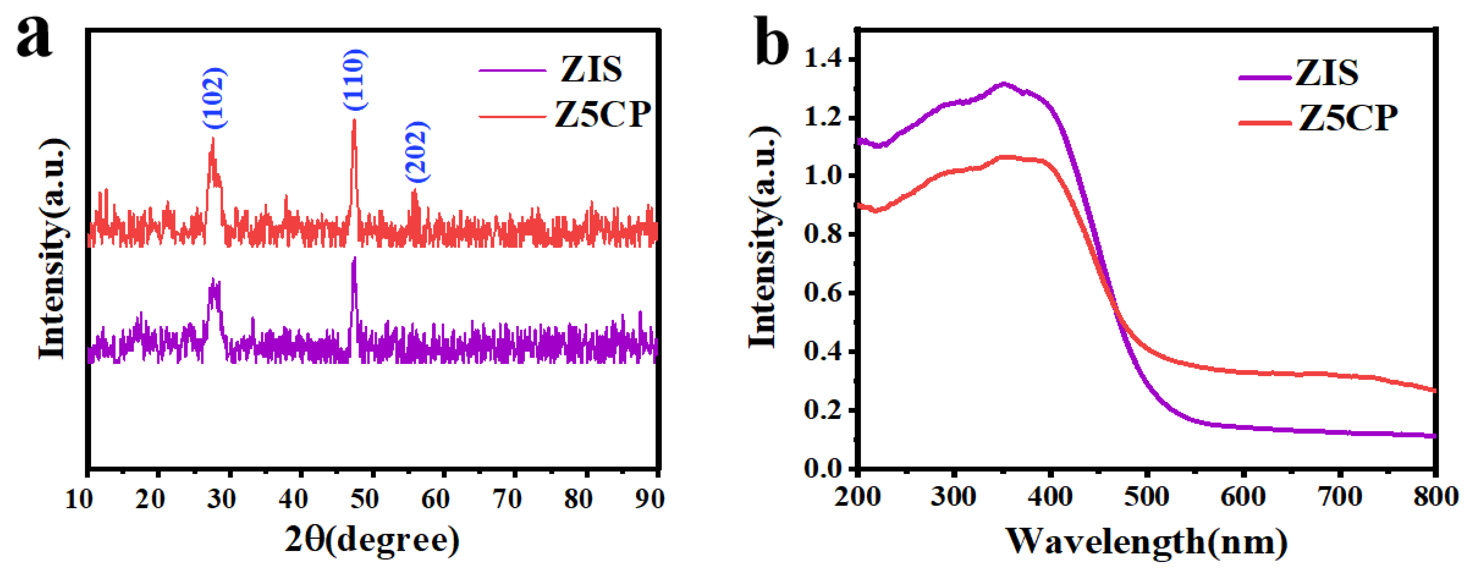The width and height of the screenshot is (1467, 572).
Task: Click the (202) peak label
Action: [417, 151]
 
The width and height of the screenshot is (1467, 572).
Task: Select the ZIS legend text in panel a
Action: [591, 70]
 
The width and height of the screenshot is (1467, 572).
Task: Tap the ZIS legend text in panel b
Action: [1327, 73]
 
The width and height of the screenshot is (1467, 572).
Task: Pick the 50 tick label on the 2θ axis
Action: [364, 499]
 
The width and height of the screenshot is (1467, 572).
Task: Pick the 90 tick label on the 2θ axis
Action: [649, 499]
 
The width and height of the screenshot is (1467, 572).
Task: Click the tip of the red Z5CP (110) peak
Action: [354, 120]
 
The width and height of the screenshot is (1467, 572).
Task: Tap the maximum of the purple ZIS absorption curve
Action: [1003, 83]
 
